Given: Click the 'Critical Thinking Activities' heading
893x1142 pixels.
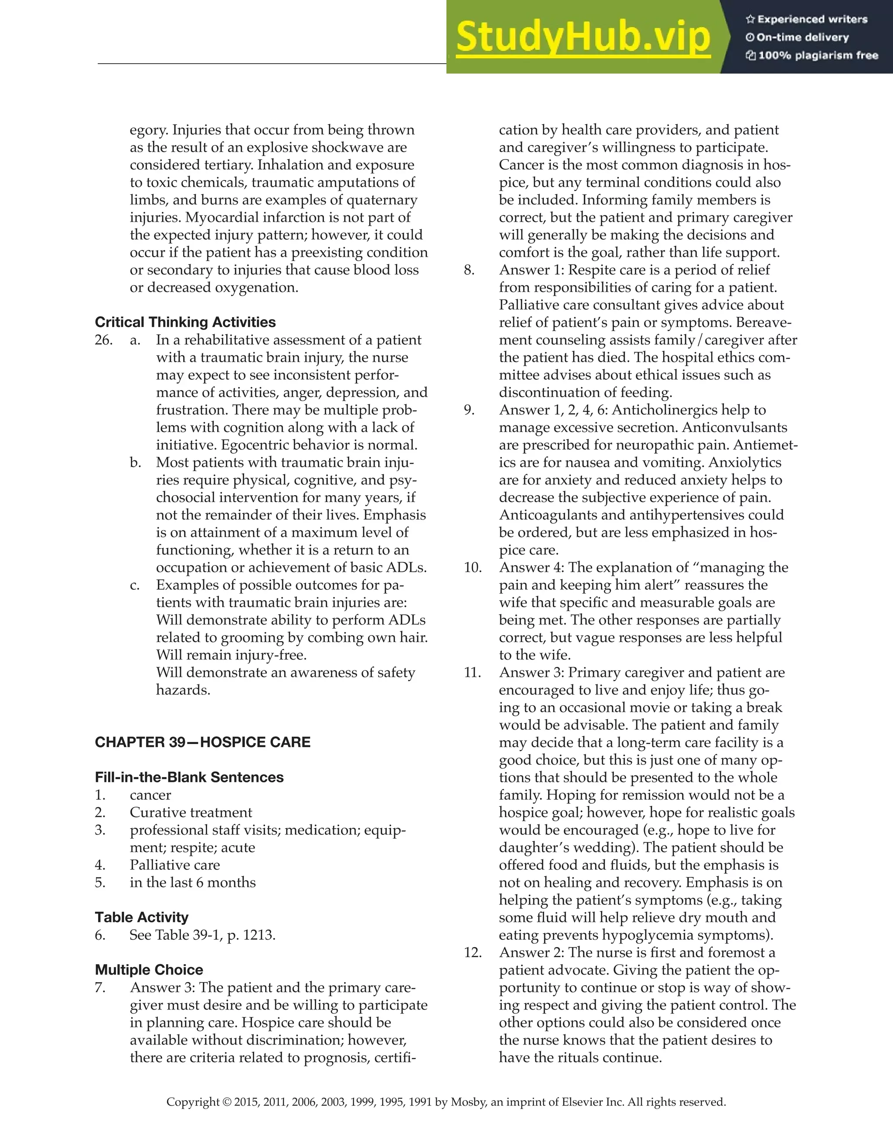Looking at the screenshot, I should pos(185,322).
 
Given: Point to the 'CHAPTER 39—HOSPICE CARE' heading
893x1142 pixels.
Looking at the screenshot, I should pos(202,742).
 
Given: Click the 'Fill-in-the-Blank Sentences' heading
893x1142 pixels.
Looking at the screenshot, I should pos(189,777).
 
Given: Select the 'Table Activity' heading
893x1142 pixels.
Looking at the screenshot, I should pos(141,917).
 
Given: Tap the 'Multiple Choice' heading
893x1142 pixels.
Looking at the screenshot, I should pos(149,969).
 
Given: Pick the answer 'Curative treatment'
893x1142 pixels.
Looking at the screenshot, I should pos(191,812).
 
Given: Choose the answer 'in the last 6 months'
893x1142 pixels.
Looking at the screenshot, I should pos(193,883).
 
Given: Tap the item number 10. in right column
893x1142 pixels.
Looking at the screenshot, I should pos(472,568).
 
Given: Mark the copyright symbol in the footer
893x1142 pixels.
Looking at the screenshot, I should pos(226,1102).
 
